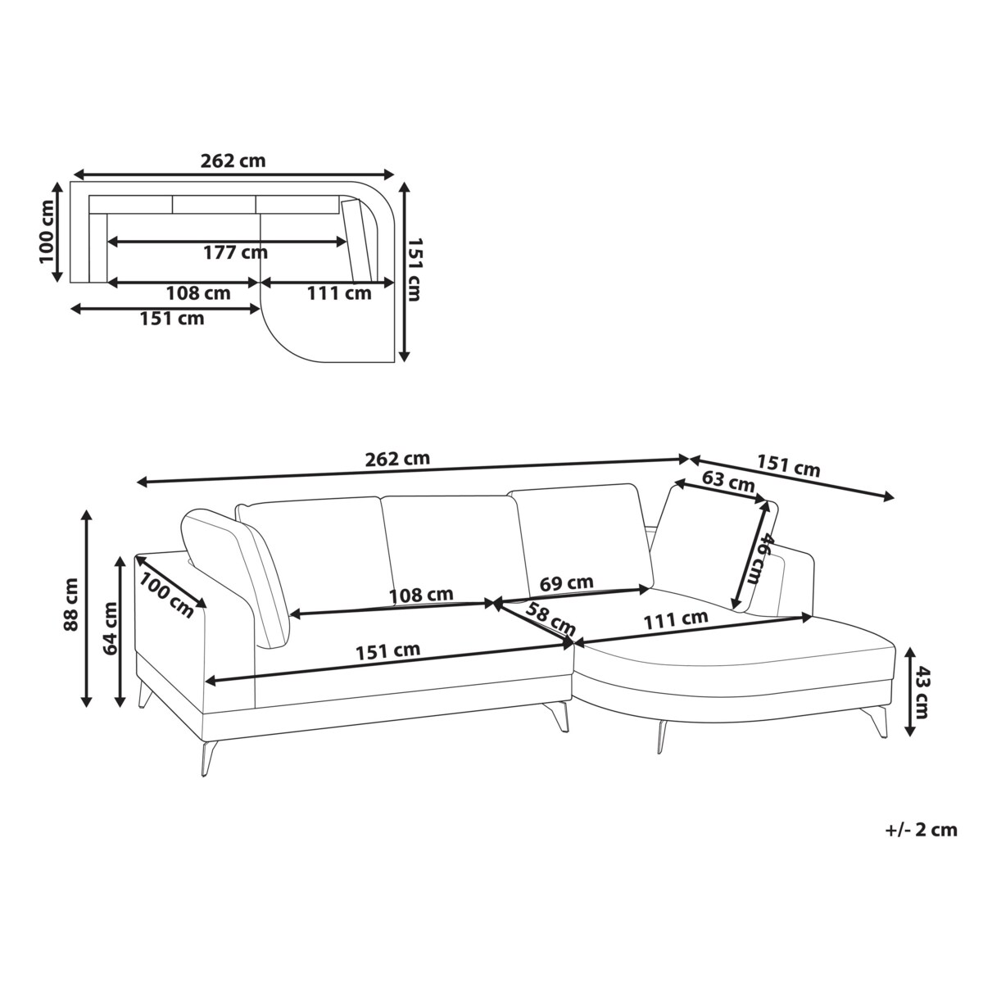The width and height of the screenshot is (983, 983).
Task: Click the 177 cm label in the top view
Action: pos(236,252)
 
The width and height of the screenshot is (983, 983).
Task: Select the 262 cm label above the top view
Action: pos(233,161)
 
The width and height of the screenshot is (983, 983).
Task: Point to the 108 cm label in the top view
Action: pos(198,293)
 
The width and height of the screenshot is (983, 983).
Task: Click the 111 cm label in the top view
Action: pos(339,293)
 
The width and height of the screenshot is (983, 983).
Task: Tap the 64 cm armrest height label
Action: pos(111,628)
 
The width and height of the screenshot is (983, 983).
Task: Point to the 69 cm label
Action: pos(567,582)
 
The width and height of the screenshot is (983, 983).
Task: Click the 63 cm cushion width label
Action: pos(728,482)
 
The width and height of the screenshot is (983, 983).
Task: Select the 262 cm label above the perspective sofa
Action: pos(397,459)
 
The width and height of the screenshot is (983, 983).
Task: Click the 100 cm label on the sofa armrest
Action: pos(167,595)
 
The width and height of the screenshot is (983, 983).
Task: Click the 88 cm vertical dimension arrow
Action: pos(88,608)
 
